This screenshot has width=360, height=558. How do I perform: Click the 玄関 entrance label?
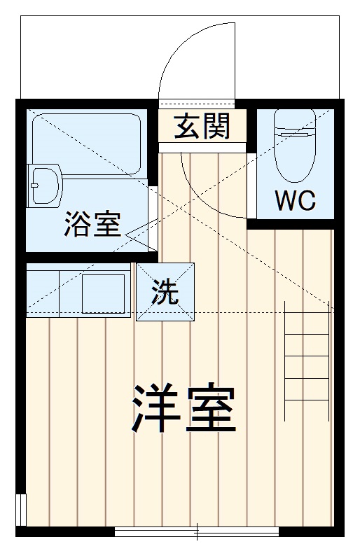pos(202,127)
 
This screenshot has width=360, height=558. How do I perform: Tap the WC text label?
pos(295,201)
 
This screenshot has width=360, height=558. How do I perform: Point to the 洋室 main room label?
pos(183,408)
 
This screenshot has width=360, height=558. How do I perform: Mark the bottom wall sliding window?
pos(197,530)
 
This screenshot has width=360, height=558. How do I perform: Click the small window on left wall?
pos(20,509)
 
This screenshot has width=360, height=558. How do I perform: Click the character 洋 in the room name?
pos(150,408)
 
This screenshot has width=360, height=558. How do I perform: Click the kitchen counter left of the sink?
pos(43,293)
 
